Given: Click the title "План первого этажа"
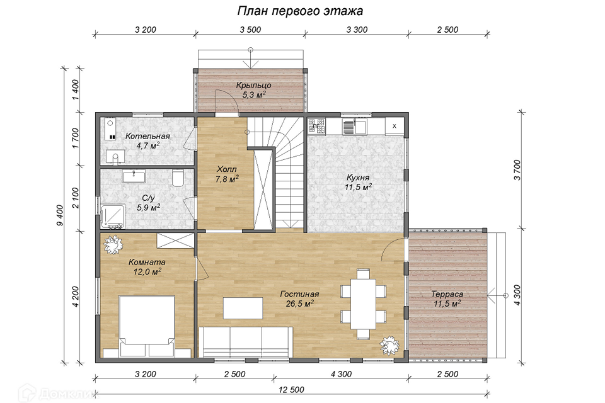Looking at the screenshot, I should tap(300, 11).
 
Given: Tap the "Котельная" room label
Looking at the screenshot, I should tap(147, 136).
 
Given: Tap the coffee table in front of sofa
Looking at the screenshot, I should tap(243, 308).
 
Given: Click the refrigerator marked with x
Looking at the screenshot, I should tap(395, 126).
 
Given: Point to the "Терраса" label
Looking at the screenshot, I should tap(447, 294).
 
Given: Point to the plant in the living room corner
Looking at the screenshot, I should tap(389, 344).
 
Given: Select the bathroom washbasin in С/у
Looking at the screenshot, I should tap(133, 176).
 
